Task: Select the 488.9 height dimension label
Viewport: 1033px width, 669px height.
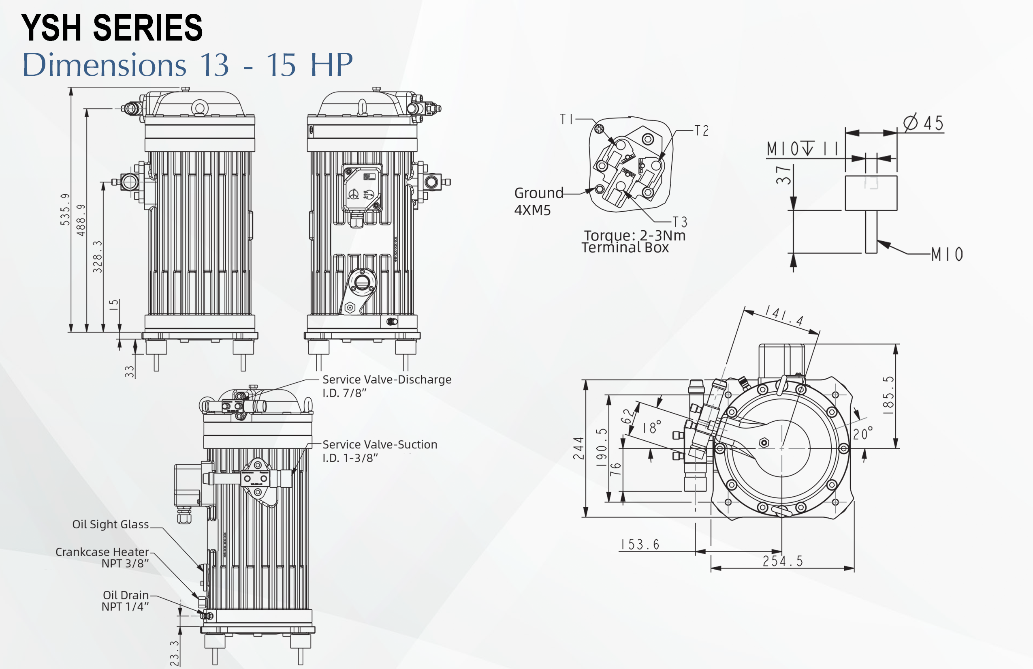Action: pyautogui.click(x=81, y=220)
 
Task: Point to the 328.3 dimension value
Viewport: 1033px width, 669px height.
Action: pyautogui.click(x=98, y=257)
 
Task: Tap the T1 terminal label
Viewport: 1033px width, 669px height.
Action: pyautogui.click(x=567, y=119)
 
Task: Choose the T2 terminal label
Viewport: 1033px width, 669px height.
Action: pyautogui.click(x=701, y=131)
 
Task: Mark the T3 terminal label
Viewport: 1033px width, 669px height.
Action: pyautogui.click(x=680, y=222)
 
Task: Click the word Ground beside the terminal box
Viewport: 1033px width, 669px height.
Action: pyautogui.click(x=539, y=193)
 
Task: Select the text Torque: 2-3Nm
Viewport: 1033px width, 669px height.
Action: pyautogui.click(x=634, y=236)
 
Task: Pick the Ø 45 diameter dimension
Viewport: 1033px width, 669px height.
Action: pyautogui.click(x=924, y=123)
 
